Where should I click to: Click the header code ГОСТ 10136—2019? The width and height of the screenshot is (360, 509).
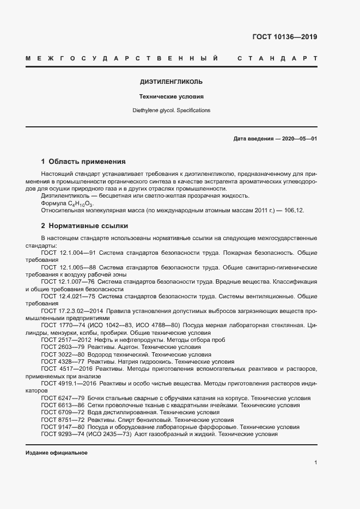tap(284, 37)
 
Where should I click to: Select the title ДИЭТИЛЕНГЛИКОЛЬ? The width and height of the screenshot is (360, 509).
tap(171, 82)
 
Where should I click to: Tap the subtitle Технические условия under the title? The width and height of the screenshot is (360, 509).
tap(171, 97)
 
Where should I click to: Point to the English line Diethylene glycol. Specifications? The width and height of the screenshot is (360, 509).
tap(171, 111)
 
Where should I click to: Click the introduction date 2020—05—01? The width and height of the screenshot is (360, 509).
tap(300, 139)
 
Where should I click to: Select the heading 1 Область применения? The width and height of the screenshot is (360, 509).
tap(83, 162)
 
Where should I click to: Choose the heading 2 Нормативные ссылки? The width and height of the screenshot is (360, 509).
tap(84, 225)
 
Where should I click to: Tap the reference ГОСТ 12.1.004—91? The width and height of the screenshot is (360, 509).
tap(69, 253)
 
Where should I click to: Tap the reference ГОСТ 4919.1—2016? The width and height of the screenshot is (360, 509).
tap(69, 383)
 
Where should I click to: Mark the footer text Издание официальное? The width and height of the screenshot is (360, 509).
tap(57, 453)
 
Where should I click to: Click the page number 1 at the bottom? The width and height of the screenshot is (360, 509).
tap(315, 463)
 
